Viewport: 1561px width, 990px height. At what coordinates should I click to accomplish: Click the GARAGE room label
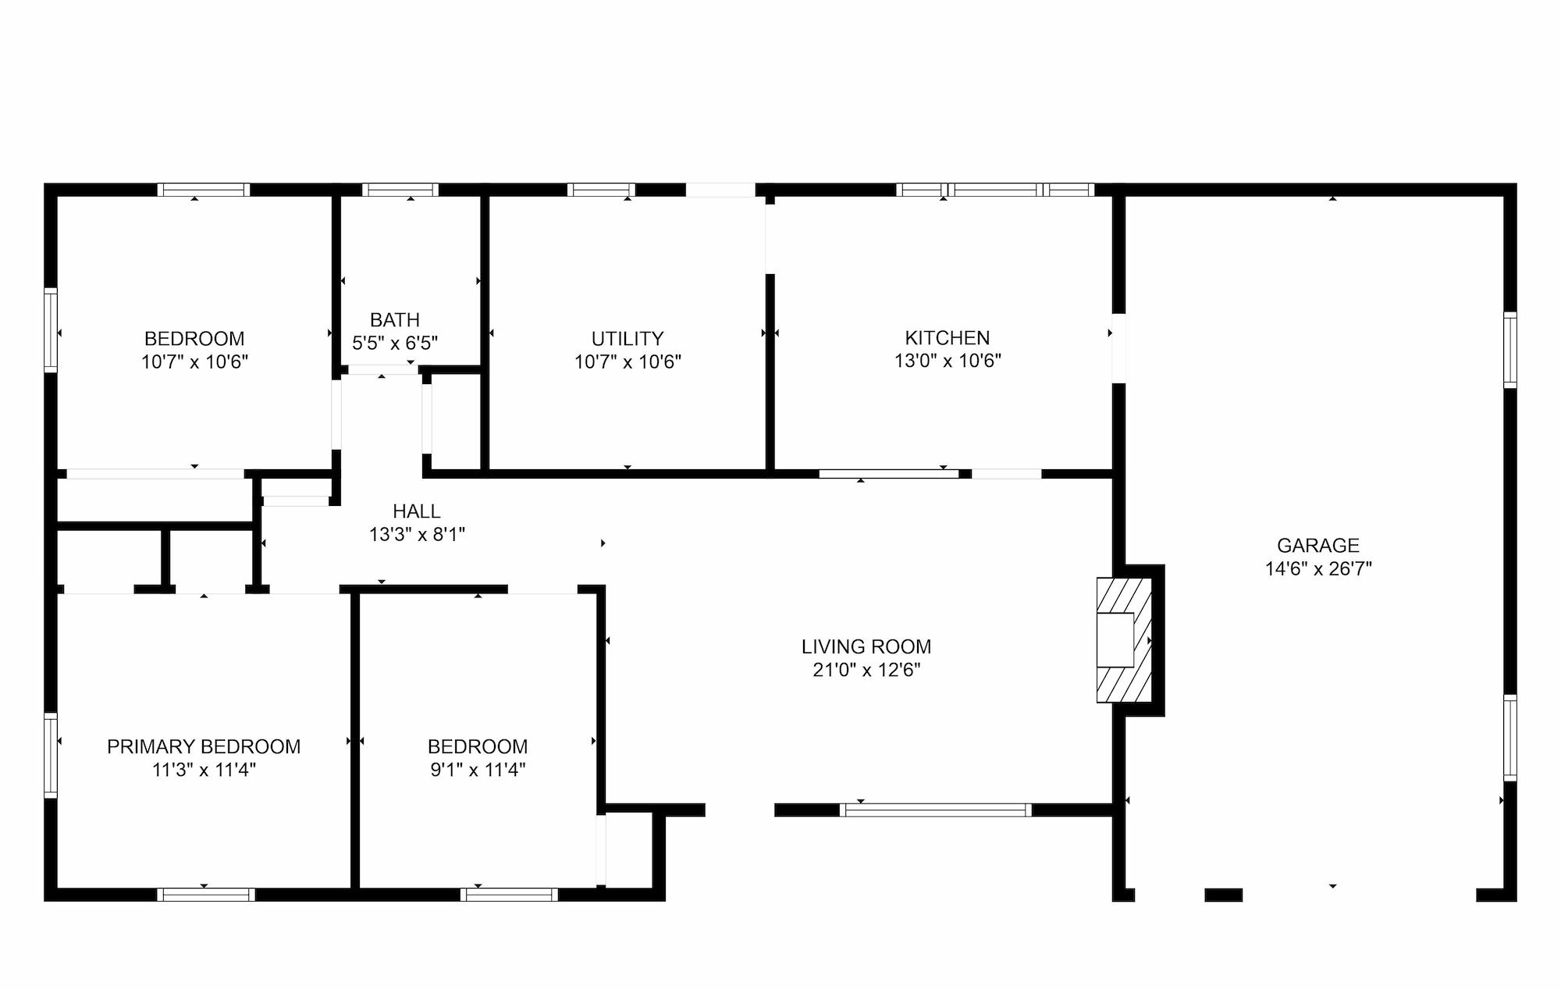coord(1318,545)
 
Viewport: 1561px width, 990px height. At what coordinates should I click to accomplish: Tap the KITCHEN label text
coord(947,338)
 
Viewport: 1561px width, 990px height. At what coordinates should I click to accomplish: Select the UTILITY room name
coord(628,339)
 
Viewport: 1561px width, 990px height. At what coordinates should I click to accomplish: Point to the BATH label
coord(395,320)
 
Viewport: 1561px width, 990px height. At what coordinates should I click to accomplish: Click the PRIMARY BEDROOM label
coord(204,746)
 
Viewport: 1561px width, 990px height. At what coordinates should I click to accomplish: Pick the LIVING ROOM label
coord(866,646)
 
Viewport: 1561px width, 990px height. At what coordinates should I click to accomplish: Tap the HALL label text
coord(417,511)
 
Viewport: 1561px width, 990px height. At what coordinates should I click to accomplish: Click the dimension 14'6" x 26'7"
coord(1318,569)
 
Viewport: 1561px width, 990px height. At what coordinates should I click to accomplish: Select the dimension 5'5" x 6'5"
coord(395,343)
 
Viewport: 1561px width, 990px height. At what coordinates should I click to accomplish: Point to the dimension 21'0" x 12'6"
coord(866,670)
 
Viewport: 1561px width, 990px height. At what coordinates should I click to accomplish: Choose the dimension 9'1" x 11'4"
coord(478,770)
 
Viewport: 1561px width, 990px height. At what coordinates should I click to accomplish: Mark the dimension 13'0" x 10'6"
coord(948,361)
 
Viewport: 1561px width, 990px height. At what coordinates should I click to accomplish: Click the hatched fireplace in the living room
coord(1124,640)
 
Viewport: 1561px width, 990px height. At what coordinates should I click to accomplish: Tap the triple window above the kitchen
coord(995,190)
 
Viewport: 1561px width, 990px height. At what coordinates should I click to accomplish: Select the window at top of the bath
coord(400,190)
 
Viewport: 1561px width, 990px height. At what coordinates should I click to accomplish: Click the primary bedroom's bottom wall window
coord(206,895)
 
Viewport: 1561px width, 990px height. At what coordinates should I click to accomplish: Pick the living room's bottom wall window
coord(936,810)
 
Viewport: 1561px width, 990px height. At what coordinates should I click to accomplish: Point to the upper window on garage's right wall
coord(1510,350)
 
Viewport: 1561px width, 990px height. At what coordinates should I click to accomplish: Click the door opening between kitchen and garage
coord(1118,348)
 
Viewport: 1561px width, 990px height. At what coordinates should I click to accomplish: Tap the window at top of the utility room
coord(601,190)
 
